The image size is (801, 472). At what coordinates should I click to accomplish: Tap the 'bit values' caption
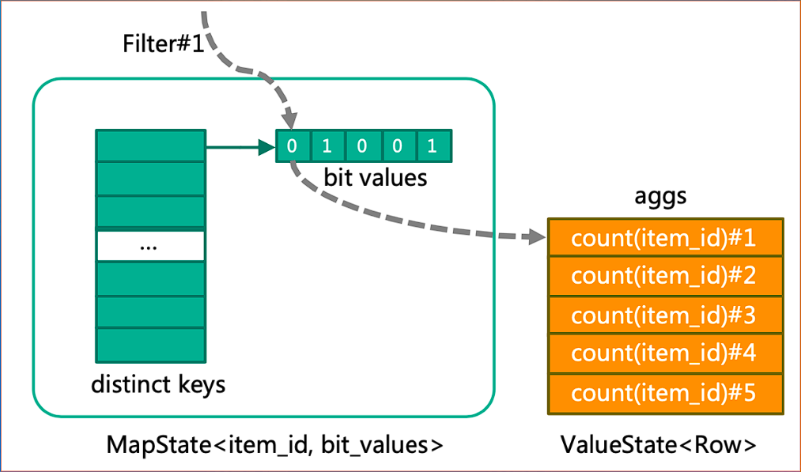click(x=375, y=177)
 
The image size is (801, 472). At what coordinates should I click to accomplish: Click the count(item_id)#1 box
click(x=664, y=238)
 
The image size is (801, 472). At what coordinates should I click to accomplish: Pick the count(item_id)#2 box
click(x=664, y=276)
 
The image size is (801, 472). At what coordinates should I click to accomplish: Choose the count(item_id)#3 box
click(x=664, y=315)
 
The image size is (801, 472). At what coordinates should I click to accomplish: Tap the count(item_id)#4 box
click(x=664, y=353)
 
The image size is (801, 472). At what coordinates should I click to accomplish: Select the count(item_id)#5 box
click(x=664, y=392)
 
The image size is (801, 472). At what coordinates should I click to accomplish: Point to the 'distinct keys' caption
click(x=158, y=385)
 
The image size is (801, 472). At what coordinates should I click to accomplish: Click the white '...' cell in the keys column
click(x=150, y=246)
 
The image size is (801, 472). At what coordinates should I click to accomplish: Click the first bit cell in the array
click(x=293, y=146)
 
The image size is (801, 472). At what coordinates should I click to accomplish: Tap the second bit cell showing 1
click(x=327, y=146)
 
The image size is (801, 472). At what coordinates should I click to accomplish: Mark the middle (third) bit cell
click(x=363, y=146)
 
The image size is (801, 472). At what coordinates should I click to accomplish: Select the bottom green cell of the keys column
click(x=150, y=344)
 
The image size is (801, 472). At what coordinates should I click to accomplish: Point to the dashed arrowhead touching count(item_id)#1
click(x=538, y=237)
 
